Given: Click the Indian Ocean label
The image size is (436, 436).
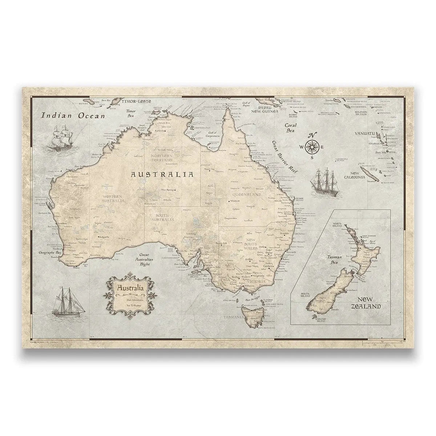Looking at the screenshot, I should pos(73,116).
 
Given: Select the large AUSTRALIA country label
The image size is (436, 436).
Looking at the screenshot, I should pos(162,174).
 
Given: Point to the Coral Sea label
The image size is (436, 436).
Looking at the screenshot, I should pos(291,128).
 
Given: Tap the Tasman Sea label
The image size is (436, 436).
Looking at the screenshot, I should pos(334,259).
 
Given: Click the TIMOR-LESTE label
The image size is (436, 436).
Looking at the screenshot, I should pos(136,101).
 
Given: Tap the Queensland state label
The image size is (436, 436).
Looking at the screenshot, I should pos(246,195).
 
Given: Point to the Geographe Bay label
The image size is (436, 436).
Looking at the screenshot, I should pos(51,252).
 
